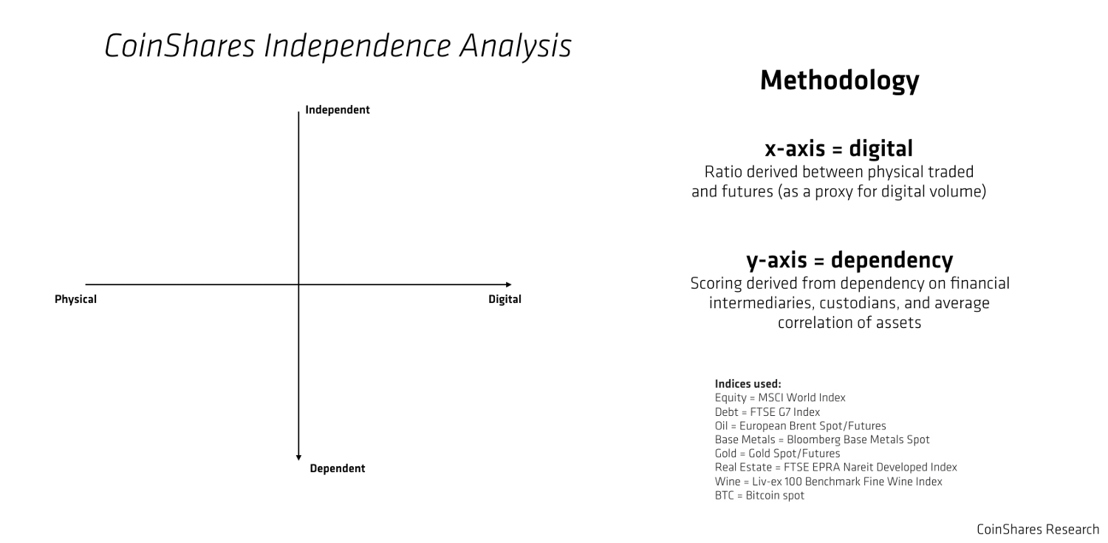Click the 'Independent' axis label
pos(338,110)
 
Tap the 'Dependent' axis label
pos(338,468)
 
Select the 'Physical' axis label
pos(75,299)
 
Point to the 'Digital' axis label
pos(505,299)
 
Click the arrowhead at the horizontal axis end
pos(509,284)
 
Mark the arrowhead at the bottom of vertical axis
pos(298,458)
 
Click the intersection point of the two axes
pos(298,284)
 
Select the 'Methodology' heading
pos(839,81)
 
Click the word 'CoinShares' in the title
pos(179,46)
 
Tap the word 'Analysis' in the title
pos(515,47)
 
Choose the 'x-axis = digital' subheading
pos(839,148)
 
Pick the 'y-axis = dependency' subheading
pos(849,260)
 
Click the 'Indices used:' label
pos(748,383)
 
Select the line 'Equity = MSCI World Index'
pos(780,397)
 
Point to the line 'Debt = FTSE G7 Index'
pos(767,412)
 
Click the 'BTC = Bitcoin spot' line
pos(759,496)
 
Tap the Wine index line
pos(829,482)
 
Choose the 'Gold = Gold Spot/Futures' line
pos(777,454)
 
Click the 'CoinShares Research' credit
pos(1038,530)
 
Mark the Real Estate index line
pos(836,468)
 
